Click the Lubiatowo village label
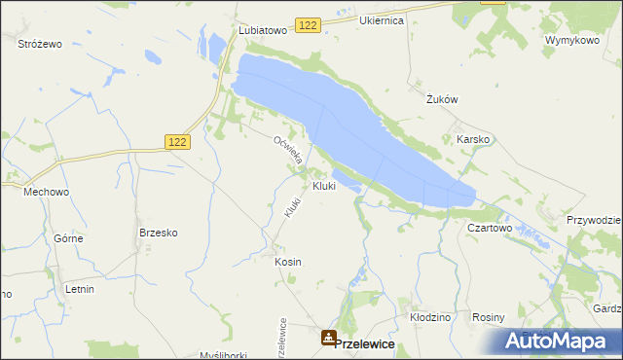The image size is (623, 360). (263, 30)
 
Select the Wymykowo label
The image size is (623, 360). (570, 40)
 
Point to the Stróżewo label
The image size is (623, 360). (40, 44)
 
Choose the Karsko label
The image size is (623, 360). (473, 139)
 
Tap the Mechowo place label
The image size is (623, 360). (47, 192)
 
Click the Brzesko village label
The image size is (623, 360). (158, 233)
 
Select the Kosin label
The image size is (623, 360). (288, 262)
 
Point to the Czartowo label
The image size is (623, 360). (490, 227)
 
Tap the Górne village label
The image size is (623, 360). (67, 238)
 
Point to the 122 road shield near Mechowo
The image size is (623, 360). (178, 141)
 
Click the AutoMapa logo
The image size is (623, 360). (557, 341)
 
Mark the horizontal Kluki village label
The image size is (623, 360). (324, 186)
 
